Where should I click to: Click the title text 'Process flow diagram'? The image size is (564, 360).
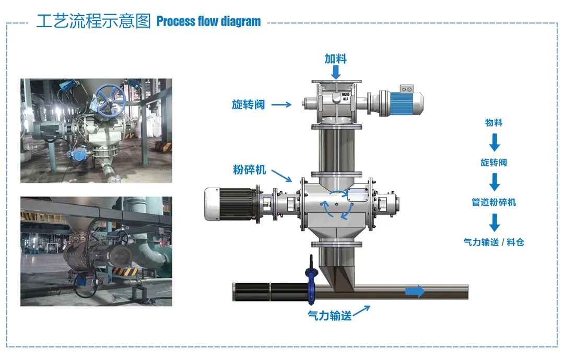coord(208,21)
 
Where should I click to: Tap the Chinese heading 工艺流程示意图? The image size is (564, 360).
coord(93,21)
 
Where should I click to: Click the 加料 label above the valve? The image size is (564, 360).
coord(335,58)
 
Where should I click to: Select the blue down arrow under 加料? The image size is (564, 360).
coord(336,72)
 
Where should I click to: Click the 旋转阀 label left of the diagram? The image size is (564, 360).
coord(248,104)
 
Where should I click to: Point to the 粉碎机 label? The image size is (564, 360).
coord(249,170)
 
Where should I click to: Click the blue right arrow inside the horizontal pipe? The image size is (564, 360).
coord(415,292)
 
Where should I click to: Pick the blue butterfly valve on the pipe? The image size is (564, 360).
coord(312,282)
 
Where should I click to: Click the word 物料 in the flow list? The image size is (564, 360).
coord(494,123)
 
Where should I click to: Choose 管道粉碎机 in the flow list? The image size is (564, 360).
coord(494,202)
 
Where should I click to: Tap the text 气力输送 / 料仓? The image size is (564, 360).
coord(494,242)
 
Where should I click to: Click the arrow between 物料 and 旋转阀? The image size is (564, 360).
coord(494,142)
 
